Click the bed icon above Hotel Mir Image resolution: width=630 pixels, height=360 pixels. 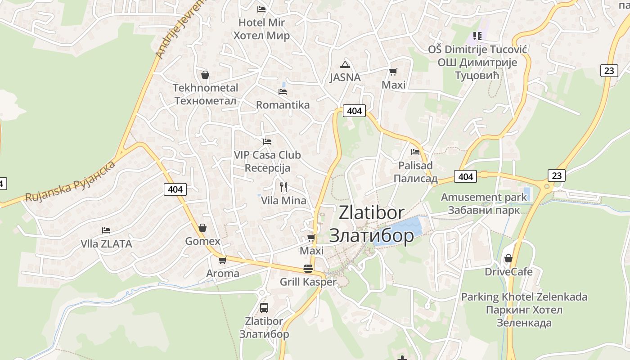[261, 9]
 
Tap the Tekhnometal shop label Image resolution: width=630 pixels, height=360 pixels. [205, 94]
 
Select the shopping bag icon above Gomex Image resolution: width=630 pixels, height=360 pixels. [202, 228]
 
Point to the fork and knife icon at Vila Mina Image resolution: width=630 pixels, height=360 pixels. [283, 187]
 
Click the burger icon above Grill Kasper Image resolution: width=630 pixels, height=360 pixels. [308, 269]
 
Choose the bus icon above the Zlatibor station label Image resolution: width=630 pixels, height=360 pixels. [264, 308]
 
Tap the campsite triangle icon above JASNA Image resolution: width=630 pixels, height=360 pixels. [345, 64]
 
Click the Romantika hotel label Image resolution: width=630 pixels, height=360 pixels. [283, 105]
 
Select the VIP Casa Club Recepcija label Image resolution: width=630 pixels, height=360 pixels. [267, 161]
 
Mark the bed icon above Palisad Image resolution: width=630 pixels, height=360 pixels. [415, 152]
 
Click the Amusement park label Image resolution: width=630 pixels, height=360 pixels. [484, 203]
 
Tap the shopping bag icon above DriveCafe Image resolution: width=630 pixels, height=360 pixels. [508, 258]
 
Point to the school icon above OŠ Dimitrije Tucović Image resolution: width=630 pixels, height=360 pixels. [477, 36]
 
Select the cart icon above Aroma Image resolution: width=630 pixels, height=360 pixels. [222, 260]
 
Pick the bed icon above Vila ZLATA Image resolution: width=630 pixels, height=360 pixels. [106, 230]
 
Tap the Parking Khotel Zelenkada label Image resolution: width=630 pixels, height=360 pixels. [524, 310]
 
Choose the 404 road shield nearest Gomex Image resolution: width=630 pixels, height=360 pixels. [175, 189]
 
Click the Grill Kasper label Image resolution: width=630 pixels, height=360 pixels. [308, 282]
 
